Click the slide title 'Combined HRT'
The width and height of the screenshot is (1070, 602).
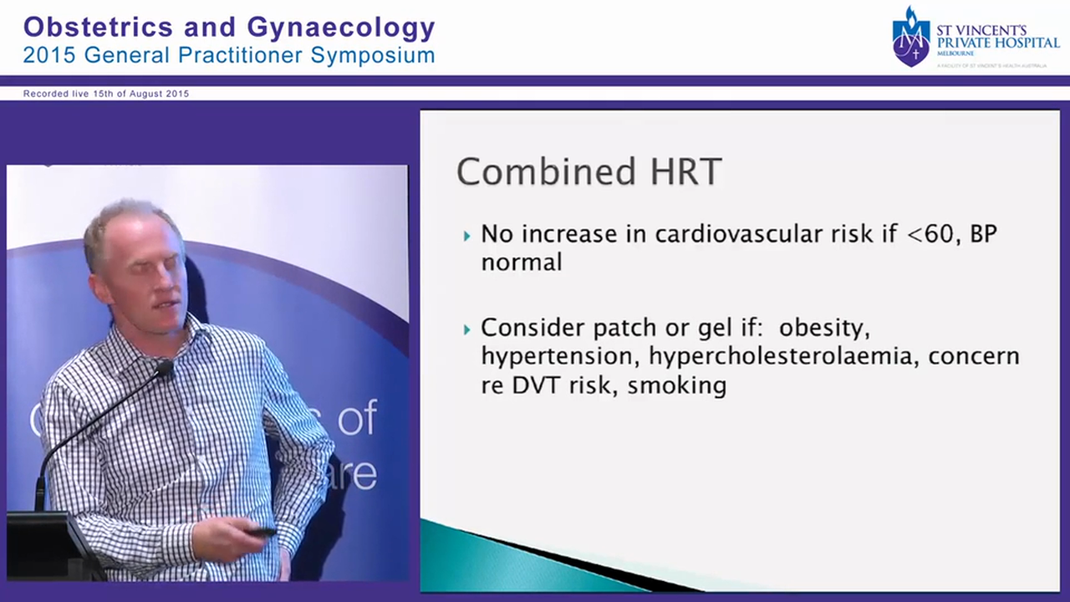588,172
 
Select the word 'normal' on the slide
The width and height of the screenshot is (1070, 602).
521,262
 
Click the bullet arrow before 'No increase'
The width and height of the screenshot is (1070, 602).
467,236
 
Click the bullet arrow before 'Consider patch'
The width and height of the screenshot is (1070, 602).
467,329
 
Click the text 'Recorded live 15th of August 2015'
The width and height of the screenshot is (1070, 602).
106,94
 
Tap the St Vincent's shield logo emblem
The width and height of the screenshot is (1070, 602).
910,38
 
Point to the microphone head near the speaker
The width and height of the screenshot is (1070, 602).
164,367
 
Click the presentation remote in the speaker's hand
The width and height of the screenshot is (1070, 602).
261,532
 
